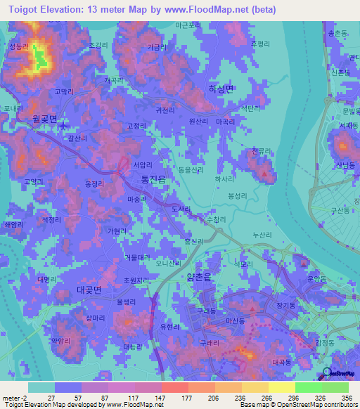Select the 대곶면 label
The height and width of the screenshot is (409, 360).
point(89,290)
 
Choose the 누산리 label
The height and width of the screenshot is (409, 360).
point(261,235)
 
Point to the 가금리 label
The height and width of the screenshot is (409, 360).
point(156,47)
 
